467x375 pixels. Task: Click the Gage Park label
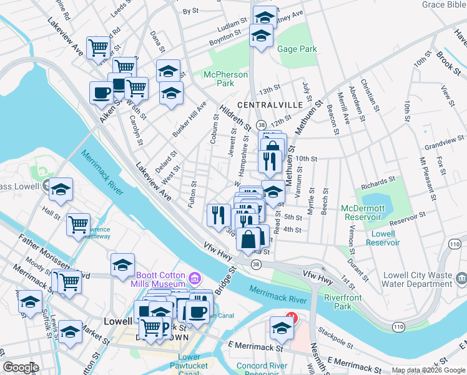point(298,49)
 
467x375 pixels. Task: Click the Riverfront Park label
point(342,302)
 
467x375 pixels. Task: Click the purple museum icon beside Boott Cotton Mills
point(194,277)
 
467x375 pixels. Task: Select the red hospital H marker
point(290,316)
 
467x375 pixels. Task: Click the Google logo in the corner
point(21,367)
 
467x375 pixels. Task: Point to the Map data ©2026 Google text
point(429,370)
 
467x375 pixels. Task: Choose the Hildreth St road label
point(235,118)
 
